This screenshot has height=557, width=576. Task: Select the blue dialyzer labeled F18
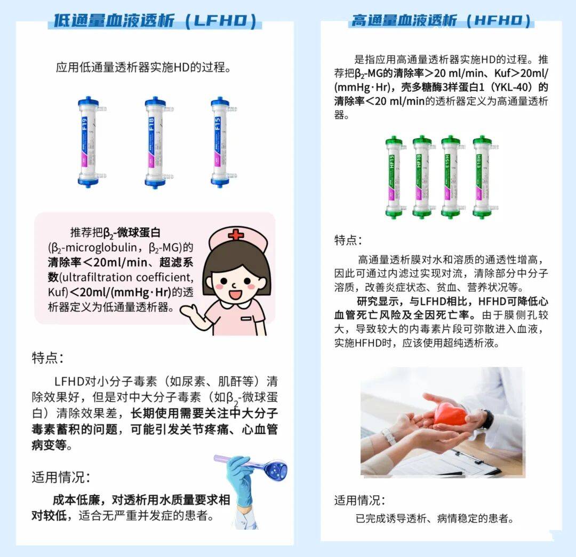pos(156,142)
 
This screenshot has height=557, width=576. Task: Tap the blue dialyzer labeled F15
pos(220,142)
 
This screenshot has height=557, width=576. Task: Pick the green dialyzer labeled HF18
pos(422,176)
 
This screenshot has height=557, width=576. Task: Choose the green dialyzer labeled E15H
pos(451,176)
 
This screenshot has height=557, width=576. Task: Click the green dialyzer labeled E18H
pos(482,176)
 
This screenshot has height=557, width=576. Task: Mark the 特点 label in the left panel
pos(47,358)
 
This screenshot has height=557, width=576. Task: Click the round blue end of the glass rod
pos(276,469)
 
